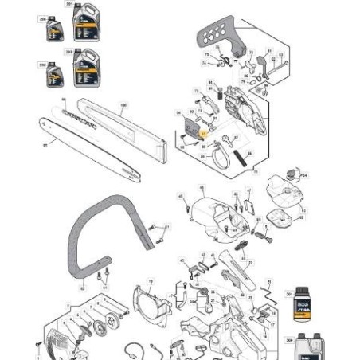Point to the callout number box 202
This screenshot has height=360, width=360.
[43, 62]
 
